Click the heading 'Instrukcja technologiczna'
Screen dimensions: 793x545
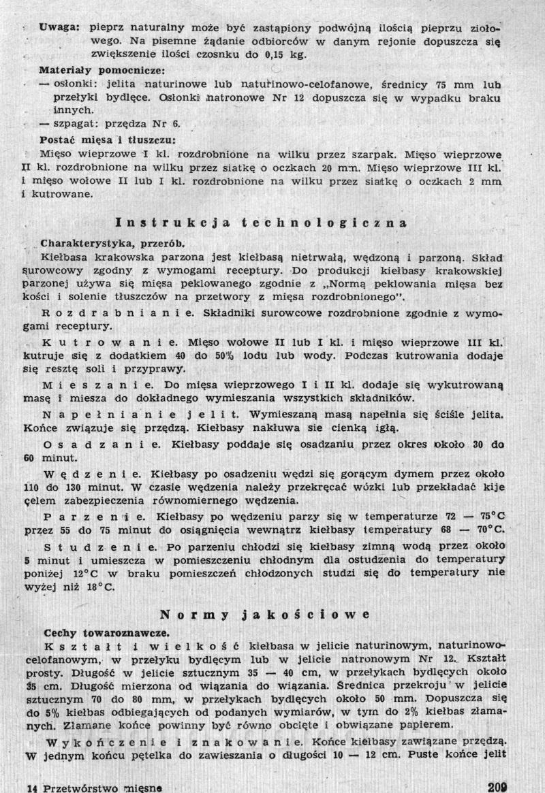point(262,223)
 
